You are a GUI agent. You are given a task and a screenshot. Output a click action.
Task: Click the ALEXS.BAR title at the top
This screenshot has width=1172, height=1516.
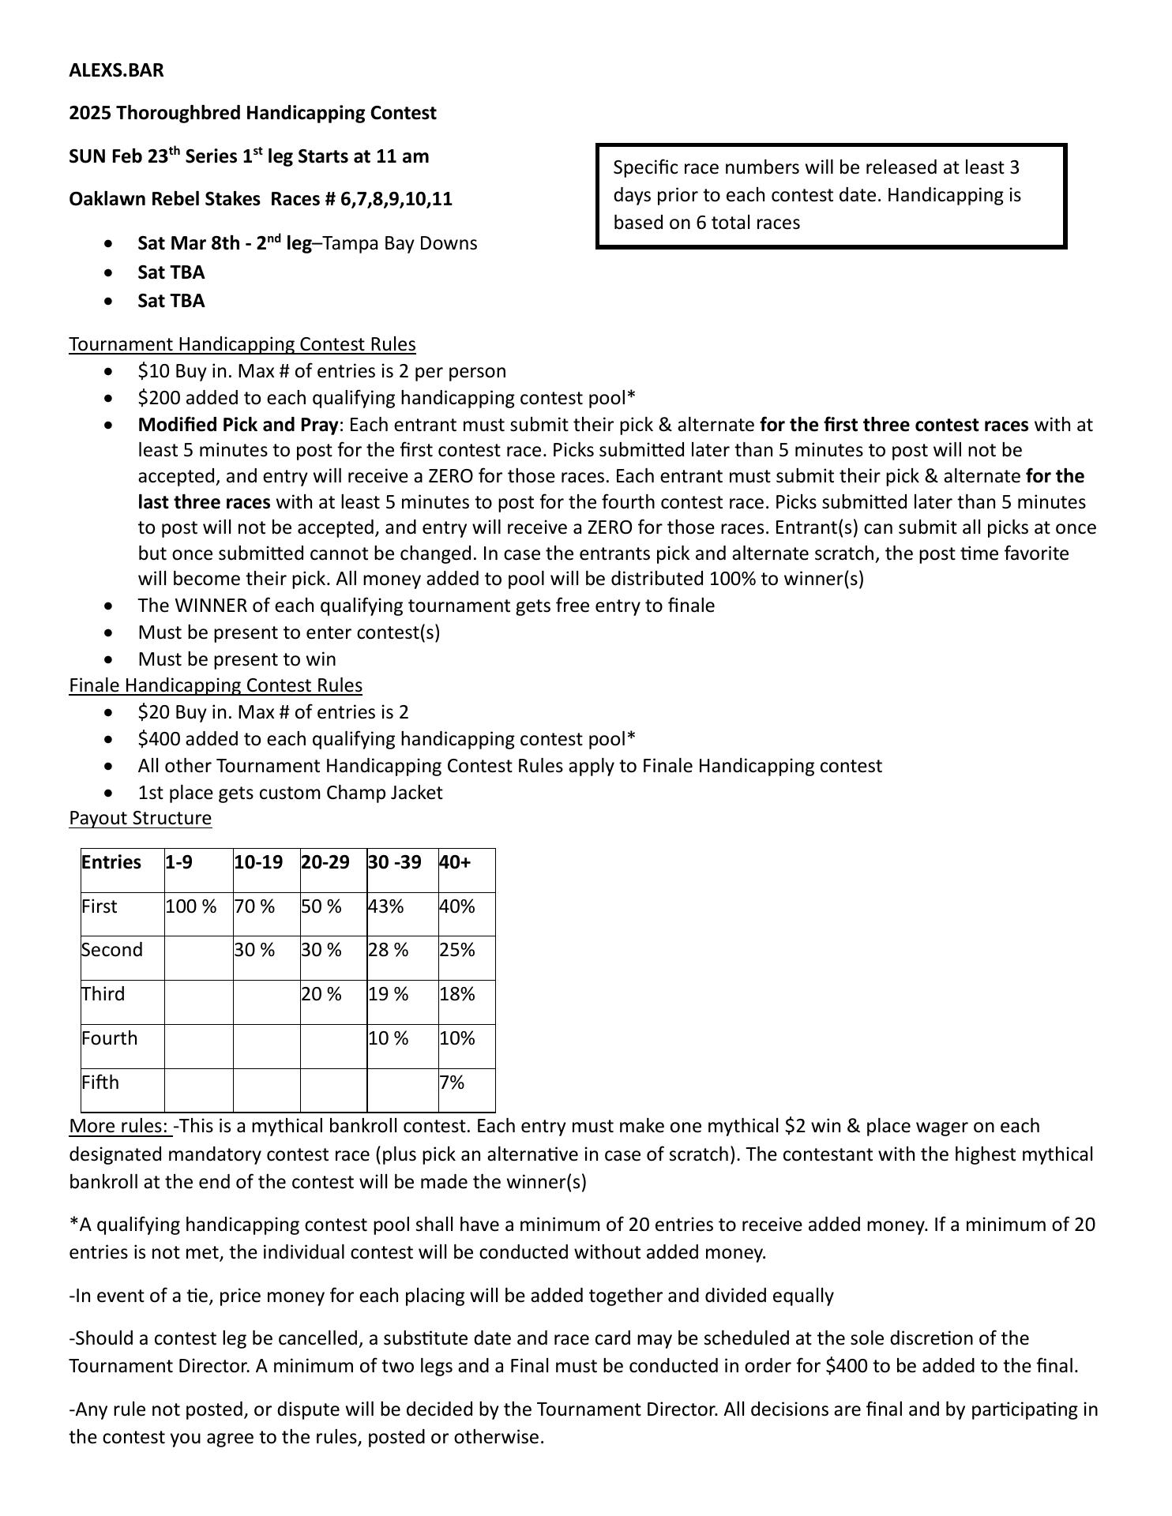pyautogui.click(x=116, y=70)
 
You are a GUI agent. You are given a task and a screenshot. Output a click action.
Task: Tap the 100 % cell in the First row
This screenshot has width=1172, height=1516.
pyautogui.click(x=190, y=906)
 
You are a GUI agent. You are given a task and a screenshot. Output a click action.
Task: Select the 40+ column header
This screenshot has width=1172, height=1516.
pyautogui.click(x=454, y=862)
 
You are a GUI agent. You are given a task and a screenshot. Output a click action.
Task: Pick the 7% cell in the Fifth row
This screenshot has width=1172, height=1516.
pyautogui.click(x=452, y=1083)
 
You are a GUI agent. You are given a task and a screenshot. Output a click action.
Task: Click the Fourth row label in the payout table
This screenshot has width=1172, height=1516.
pyautogui.click(x=109, y=1038)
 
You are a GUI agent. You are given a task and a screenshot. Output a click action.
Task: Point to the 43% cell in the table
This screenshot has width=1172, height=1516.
pyautogui.click(x=385, y=906)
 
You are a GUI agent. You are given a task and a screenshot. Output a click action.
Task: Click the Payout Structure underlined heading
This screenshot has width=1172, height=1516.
pyautogui.click(x=140, y=818)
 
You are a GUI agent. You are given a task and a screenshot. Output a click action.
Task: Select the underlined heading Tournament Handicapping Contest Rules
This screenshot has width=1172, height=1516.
pyautogui.click(x=242, y=344)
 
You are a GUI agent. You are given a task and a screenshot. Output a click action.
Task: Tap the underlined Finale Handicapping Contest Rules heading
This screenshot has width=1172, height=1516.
pyautogui.click(x=215, y=685)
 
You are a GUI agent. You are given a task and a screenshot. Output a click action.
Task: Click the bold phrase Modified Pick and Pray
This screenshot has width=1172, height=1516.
pyautogui.click(x=238, y=425)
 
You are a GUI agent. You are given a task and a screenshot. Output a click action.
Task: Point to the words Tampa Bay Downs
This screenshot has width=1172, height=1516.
pyautogui.click(x=400, y=243)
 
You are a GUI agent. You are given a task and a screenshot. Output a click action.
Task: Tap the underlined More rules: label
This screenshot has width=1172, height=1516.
pyautogui.click(x=119, y=1126)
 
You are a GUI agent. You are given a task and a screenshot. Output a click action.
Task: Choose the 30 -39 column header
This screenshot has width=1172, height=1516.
pyautogui.click(x=394, y=862)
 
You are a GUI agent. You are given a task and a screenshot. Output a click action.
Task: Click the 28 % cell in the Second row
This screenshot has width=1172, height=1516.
pyautogui.click(x=388, y=950)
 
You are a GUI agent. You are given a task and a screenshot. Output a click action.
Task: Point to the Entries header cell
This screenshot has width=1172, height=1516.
pyautogui.click(x=111, y=862)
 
